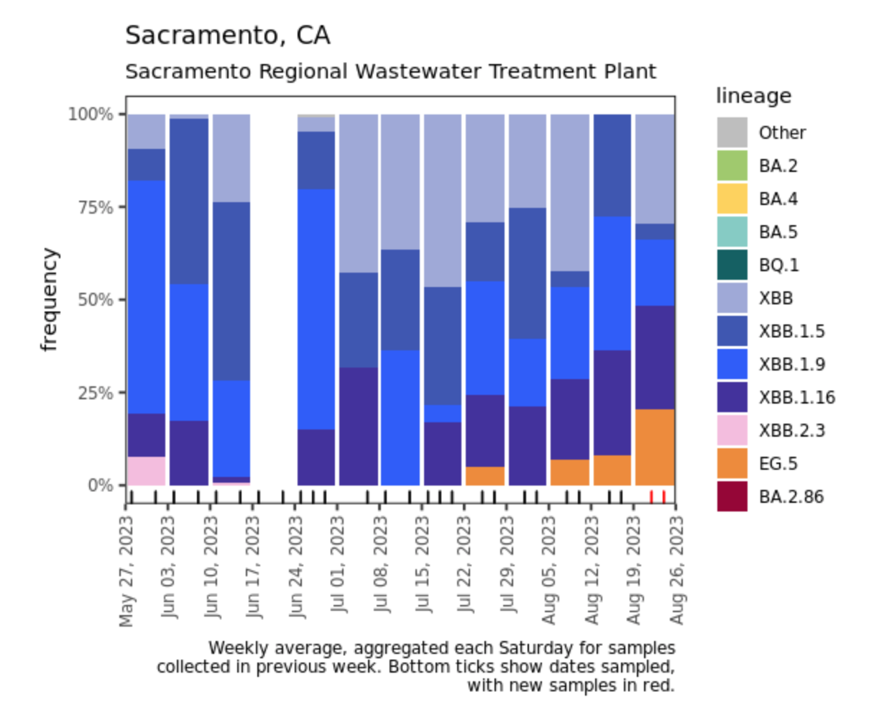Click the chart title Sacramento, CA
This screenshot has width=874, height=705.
(x=228, y=35)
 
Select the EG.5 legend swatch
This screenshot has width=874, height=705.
(x=732, y=463)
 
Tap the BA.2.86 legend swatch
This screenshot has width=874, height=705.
(x=732, y=496)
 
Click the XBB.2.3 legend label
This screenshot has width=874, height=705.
(x=792, y=430)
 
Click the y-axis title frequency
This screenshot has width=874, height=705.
(x=49, y=299)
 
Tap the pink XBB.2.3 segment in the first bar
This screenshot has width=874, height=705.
(x=147, y=470)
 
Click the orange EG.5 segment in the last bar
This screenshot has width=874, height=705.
(x=655, y=447)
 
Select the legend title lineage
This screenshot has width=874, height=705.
(x=753, y=96)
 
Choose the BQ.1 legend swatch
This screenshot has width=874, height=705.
(x=732, y=265)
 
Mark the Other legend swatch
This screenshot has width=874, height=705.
(x=732, y=132)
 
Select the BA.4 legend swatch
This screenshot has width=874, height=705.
(x=732, y=199)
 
